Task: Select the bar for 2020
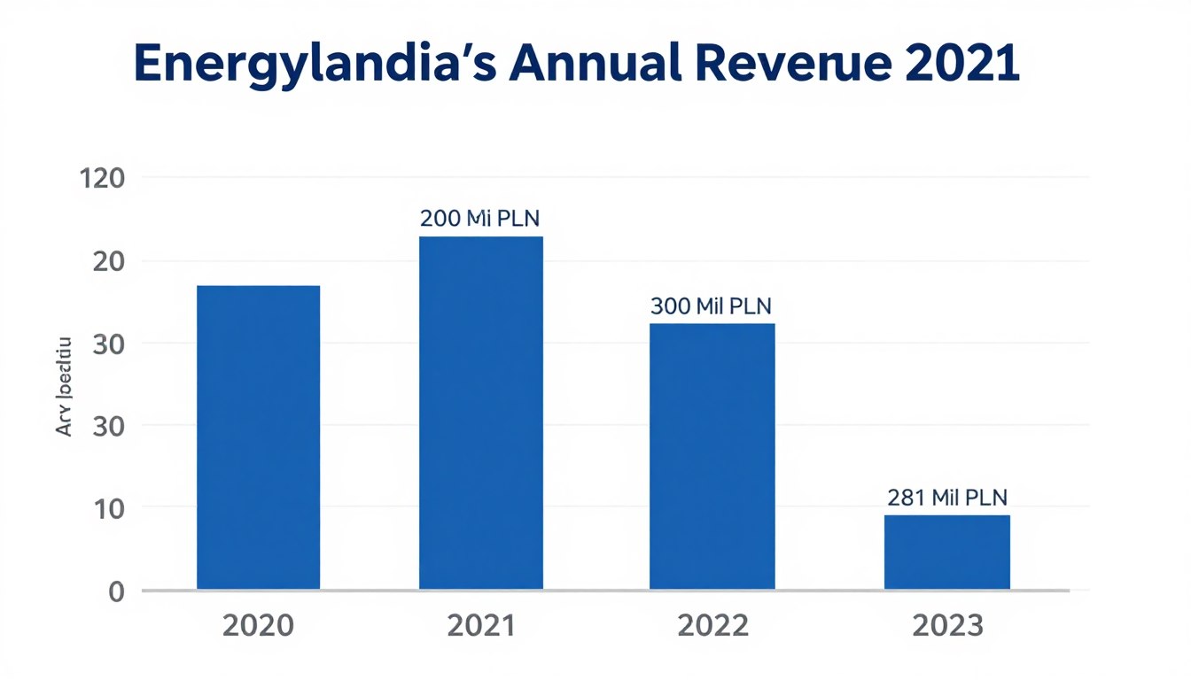coord(258,437)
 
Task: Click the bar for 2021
coord(480,413)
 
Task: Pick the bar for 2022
coord(712,456)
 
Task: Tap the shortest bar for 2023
coord(946,552)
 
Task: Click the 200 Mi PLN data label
coord(479,219)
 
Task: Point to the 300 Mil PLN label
coord(711,306)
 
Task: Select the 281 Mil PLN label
coord(946,497)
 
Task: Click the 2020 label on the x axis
coord(258,626)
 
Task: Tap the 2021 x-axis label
coord(480,626)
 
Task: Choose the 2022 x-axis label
coord(712,626)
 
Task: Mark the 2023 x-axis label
coord(946,626)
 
